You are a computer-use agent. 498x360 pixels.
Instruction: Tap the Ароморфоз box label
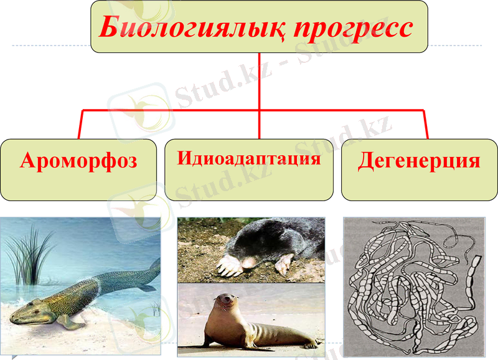pyautogui.click(x=78, y=161)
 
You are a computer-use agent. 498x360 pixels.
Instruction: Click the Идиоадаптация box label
pyautogui.click(x=249, y=158)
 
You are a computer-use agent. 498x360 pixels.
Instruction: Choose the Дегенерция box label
pyautogui.click(x=419, y=161)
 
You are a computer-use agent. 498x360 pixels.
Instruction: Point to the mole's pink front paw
pyautogui.click(x=228, y=267)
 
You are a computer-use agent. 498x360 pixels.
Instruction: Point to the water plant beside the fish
pyautogui.click(x=28, y=255)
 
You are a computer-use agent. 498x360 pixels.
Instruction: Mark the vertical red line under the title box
pyautogui.click(x=259, y=81)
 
